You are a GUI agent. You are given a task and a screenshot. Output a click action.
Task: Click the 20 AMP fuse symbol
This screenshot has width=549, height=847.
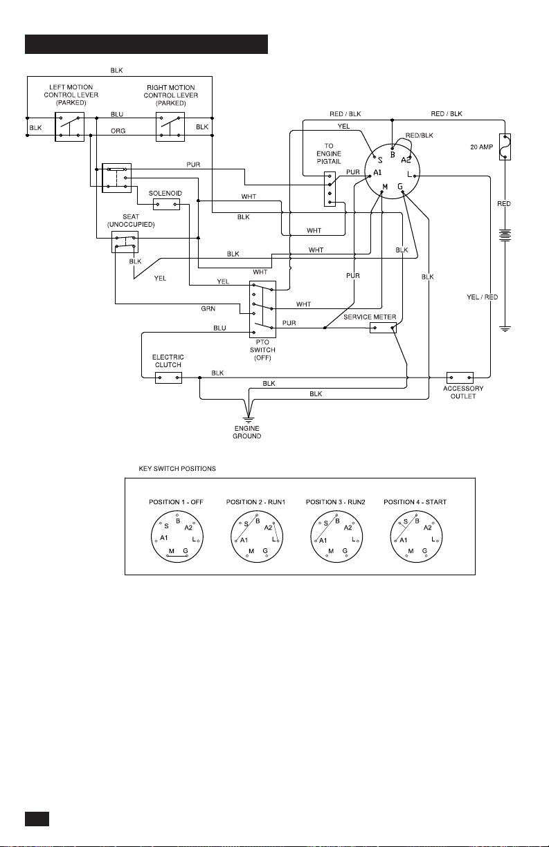(505, 147)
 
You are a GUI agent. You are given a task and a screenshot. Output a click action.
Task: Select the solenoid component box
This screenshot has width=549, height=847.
(166, 204)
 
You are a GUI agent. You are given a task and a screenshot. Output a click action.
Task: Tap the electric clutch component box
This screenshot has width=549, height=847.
(168, 378)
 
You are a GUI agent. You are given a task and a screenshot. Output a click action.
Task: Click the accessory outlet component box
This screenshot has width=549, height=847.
(460, 378)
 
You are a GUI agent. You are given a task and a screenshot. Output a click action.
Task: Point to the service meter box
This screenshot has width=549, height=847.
(383, 328)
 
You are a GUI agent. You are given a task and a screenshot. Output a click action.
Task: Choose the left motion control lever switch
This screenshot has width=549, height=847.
(70, 127)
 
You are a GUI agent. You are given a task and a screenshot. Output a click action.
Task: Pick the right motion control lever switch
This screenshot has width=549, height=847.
(170, 127)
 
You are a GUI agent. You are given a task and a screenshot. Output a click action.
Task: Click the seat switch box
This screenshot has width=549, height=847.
(125, 242)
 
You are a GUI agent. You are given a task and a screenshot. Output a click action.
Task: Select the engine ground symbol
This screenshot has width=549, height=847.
(248, 420)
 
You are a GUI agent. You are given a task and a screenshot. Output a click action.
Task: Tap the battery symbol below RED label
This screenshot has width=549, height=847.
(505, 235)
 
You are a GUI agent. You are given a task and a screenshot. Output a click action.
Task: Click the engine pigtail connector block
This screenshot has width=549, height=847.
(330, 189)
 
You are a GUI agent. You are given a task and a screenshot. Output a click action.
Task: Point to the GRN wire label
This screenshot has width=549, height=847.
(208, 308)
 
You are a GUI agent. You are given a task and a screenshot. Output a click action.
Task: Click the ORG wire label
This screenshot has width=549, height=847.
(118, 131)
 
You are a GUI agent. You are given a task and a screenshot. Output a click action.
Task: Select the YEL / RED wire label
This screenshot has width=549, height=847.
(482, 297)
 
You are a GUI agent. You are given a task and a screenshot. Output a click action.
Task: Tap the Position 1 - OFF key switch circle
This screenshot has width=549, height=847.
(177, 537)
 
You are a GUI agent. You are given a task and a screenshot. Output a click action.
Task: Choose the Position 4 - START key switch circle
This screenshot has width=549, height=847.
(416, 537)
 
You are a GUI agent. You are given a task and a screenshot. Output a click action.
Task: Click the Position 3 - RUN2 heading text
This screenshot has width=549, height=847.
(336, 502)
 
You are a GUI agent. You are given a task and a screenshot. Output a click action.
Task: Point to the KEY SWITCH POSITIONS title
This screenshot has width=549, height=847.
(177, 469)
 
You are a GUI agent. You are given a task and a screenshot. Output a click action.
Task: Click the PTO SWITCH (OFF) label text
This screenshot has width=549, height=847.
(262, 350)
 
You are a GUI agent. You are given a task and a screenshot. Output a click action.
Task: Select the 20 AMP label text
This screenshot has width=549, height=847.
(482, 147)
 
